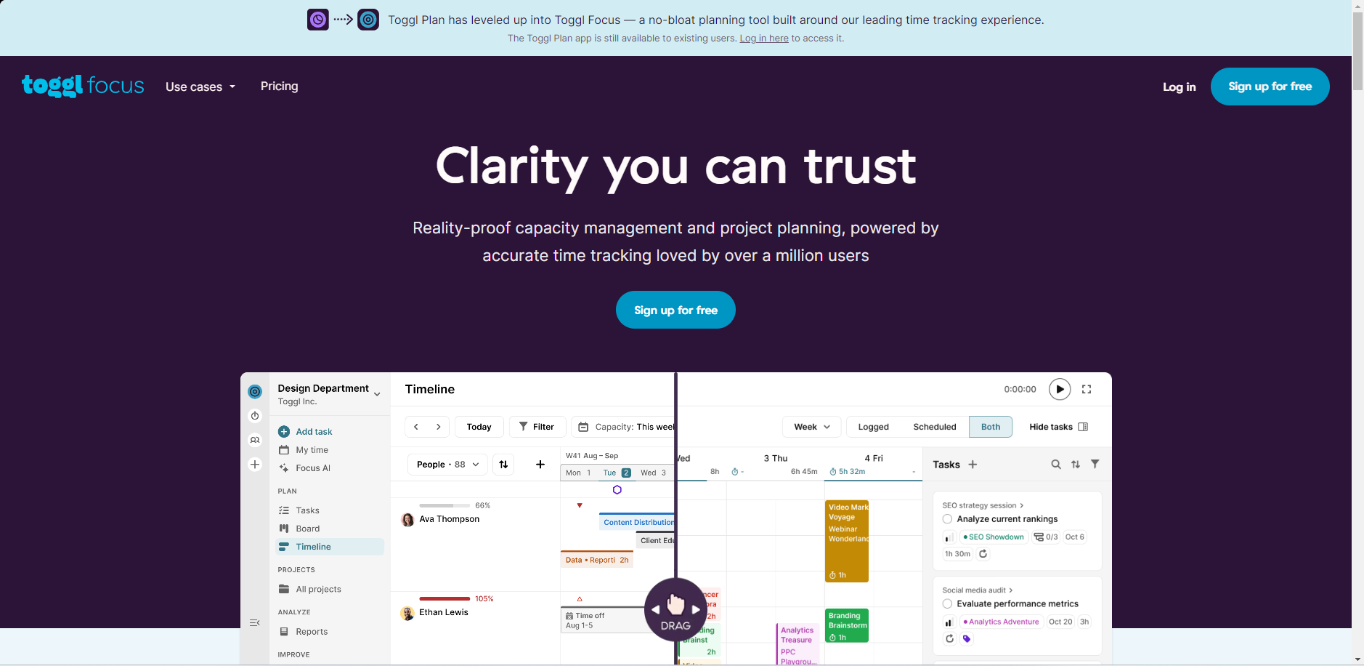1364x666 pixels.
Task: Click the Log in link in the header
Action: coord(1179,87)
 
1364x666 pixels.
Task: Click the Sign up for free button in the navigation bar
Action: coord(1270,87)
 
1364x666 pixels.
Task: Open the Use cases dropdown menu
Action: coord(200,87)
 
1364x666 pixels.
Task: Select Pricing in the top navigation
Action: coord(280,87)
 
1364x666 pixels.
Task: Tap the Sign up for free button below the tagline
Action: coord(675,310)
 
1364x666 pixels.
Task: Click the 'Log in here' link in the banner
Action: coord(763,39)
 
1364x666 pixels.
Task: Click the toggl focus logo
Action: coord(83,86)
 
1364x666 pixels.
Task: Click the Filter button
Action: coord(537,427)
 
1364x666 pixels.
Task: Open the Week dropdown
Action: coord(811,427)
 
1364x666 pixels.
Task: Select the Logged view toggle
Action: coord(873,427)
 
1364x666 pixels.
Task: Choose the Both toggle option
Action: coord(990,427)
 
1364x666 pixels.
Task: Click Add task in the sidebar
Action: coord(314,432)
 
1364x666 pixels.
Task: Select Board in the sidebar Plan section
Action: coord(307,529)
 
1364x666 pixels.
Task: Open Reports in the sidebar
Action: coord(312,632)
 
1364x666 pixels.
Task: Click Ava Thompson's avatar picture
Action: coord(407,520)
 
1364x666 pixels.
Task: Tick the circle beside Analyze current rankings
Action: coord(947,519)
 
